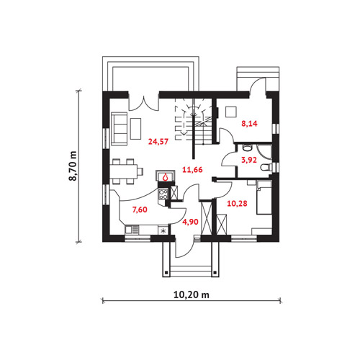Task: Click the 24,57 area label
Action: [158, 142]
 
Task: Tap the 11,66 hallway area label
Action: [192, 170]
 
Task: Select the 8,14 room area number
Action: [249, 124]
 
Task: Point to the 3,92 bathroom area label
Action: [249, 160]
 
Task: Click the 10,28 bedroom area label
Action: [237, 204]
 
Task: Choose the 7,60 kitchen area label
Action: [140, 210]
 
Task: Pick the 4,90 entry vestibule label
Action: [190, 222]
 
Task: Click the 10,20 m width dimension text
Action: [192, 294]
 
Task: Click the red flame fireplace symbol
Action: [165, 178]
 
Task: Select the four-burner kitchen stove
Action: [163, 194]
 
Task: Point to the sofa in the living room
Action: [119, 129]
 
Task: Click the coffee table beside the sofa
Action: [135, 128]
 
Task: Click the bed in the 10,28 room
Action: [264, 197]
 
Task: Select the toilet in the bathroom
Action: [267, 167]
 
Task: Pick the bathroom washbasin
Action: [247, 147]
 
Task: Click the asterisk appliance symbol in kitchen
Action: [163, 231]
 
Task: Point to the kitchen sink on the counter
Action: [132, 230]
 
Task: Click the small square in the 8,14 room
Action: [231, 112]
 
